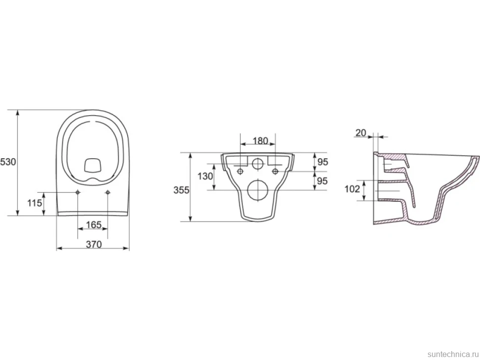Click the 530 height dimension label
(x=8, y=162)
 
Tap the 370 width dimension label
(x=94, y=244)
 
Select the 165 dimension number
(x=94, y=225)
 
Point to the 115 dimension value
(x=35, y=203)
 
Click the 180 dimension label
(x=260, y=141)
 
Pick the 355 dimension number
(x=182, y=190)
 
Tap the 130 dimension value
(x=205, y=177)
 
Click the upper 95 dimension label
(x=322, y=162)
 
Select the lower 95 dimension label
(x=322, y=181)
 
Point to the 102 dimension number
(x=352, y=189)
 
